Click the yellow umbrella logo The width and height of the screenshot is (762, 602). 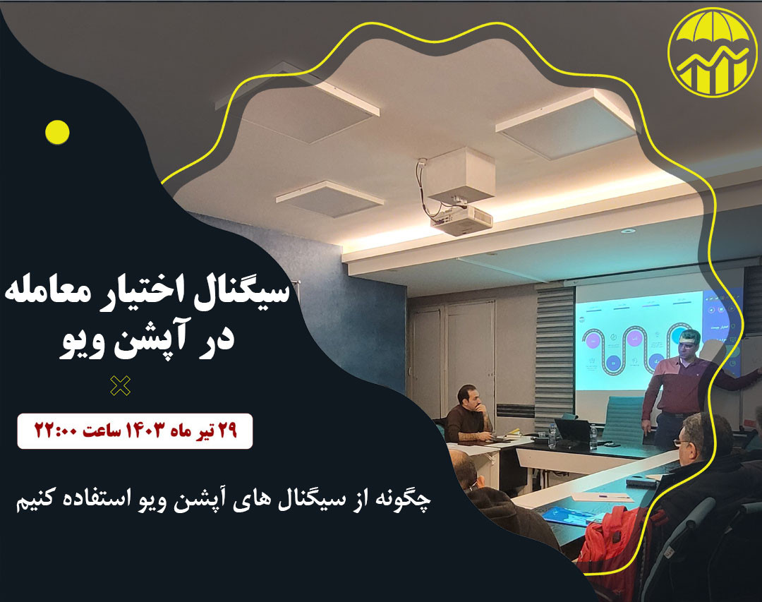pos(712,52)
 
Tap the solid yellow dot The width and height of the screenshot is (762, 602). pos(57,132)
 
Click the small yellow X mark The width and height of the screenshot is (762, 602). pos(121,385)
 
